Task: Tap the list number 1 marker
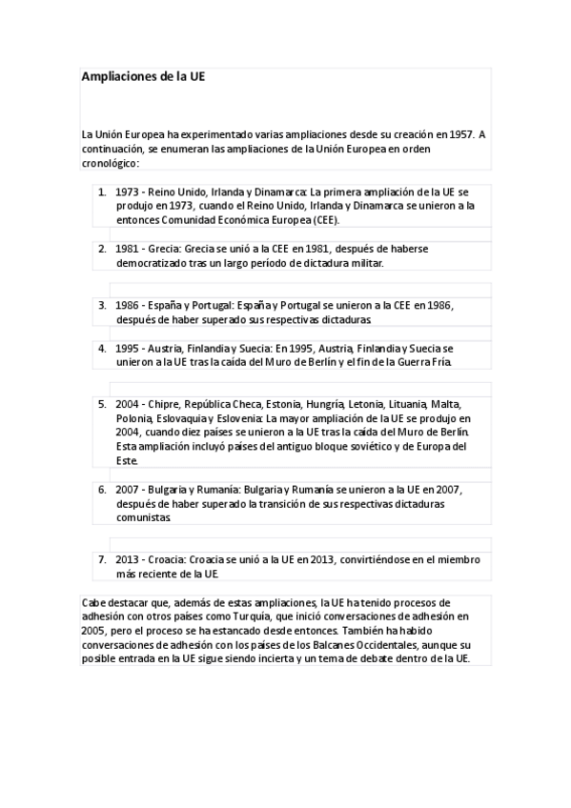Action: click(x=101, y=192)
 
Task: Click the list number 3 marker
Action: click(x=101, y=306)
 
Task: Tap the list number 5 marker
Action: click(x=101, y=404)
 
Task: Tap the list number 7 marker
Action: click(x=101, y=559)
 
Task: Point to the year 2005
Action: click(x=95, y=631)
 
